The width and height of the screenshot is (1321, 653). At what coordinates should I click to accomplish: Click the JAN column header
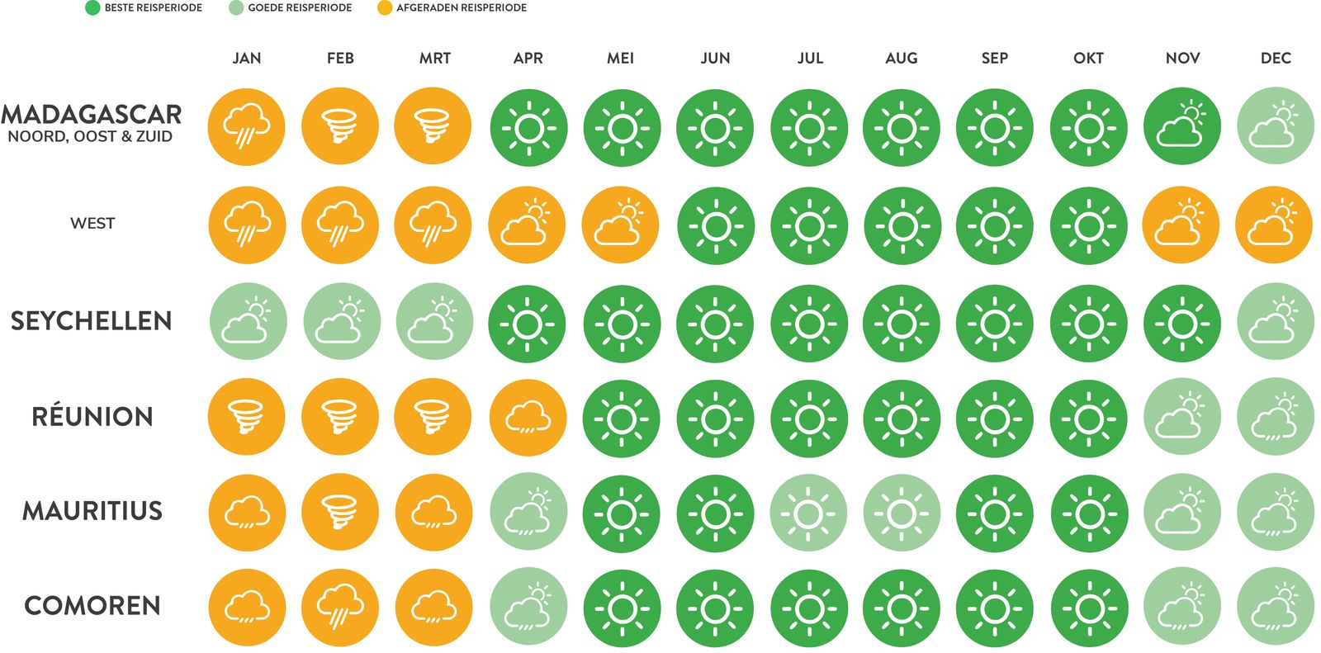(x=246, y=58)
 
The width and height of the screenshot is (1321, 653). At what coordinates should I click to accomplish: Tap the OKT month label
(x=1088, y=58)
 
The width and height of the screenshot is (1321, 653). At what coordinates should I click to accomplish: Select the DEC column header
(x=1276, y=58)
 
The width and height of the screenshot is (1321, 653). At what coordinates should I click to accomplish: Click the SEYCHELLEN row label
(x=91, y=320)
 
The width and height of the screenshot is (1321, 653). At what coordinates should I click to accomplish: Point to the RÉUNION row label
(x=92, y=416)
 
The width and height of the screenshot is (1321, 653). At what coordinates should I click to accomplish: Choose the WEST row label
(x=92, y=223)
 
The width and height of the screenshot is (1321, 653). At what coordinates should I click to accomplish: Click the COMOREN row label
(x=92, y=605)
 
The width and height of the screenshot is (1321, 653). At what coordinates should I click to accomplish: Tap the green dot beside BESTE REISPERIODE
(x=92, y=8)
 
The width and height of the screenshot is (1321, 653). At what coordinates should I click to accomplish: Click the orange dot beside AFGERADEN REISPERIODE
(x=384, y=8)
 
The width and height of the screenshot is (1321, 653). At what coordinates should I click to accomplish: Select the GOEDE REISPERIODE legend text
(x=300, y=8)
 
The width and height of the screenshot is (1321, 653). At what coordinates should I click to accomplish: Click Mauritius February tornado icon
(x=340, y=513)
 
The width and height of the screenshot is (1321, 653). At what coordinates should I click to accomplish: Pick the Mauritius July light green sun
(x=808, y=513)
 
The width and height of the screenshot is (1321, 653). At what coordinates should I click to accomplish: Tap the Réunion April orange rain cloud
(x=528, y=417)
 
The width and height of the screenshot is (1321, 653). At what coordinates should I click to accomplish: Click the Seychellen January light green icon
(x=248, y=321)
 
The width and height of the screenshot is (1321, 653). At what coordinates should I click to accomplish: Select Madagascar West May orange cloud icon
(x=620, y=225)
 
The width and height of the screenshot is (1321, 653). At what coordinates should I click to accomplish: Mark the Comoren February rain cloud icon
(x=340, y=608)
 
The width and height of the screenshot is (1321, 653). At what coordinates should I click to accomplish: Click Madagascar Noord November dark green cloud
(x=1182, y=126)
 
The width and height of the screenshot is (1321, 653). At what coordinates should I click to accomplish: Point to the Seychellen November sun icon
(x=1182, y=324)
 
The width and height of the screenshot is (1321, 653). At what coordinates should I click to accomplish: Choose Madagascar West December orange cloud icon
(x=1273, y=225)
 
